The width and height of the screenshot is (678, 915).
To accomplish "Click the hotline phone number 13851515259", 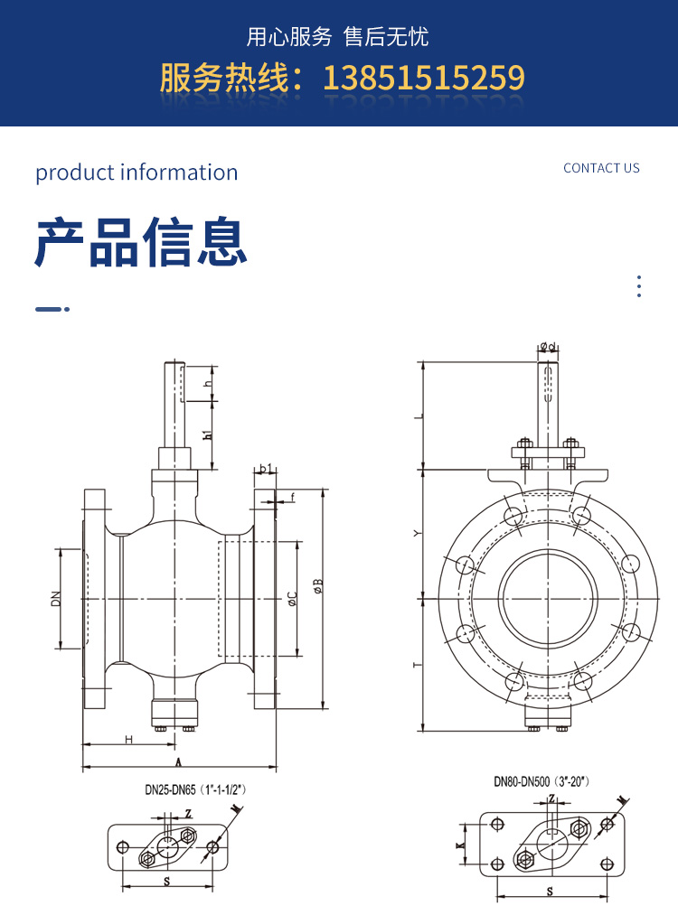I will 423,78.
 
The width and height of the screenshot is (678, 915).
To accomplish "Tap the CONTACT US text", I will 601,168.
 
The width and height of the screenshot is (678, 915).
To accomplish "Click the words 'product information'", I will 137,173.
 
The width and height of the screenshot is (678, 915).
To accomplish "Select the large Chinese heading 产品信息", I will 140,241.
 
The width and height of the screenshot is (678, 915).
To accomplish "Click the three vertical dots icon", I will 639,286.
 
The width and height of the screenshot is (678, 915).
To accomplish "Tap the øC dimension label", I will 291,598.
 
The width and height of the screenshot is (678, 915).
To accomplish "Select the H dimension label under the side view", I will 128,740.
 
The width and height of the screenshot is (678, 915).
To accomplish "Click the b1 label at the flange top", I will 265,468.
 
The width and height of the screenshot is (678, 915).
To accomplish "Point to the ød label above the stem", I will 547,346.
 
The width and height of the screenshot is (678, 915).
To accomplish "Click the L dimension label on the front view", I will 417,416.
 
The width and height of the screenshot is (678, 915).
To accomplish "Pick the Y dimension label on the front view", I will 417,534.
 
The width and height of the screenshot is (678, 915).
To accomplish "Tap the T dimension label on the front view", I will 417,665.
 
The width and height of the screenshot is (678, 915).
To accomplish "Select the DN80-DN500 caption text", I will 541,782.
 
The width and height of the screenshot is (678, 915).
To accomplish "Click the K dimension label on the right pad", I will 461,845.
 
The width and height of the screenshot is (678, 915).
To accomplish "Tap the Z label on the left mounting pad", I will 188,813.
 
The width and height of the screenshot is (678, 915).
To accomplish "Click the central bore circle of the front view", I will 549,598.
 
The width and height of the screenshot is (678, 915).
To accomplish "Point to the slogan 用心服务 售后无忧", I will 338,37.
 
